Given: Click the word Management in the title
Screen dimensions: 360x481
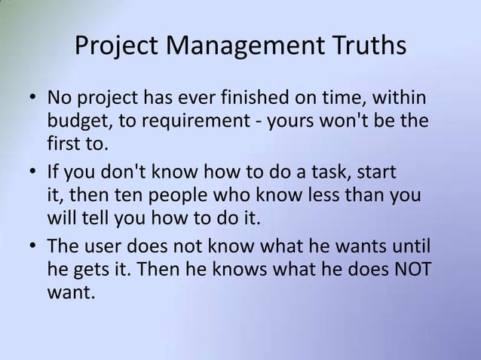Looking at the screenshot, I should click(246, 47).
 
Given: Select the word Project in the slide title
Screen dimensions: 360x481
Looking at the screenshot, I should click(118, 47).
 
